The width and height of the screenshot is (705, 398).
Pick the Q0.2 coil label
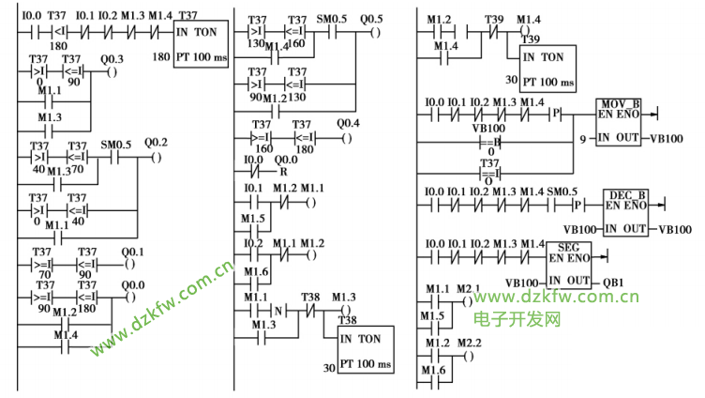[156, 143]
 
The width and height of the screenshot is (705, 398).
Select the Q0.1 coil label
[132, 251]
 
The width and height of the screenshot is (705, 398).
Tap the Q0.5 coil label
[372, 19]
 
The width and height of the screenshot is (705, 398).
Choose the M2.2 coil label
[468, 343]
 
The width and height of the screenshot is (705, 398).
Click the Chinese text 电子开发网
[517, 319]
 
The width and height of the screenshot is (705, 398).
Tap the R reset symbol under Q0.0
[281, 173]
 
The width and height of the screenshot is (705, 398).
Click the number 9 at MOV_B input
[583, 138]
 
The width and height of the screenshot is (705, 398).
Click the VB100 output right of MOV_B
[667, 138]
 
